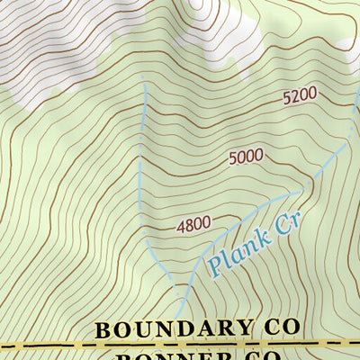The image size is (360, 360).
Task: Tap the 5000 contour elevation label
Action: pos(246,157)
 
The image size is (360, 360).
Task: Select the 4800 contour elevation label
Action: pos(193,226)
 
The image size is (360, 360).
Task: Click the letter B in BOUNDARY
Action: pos(103,329)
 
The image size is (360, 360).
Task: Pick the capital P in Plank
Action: pos(215,267)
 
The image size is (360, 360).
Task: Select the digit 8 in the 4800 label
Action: pos(190,226)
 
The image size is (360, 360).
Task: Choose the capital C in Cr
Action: pos(277,229)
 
